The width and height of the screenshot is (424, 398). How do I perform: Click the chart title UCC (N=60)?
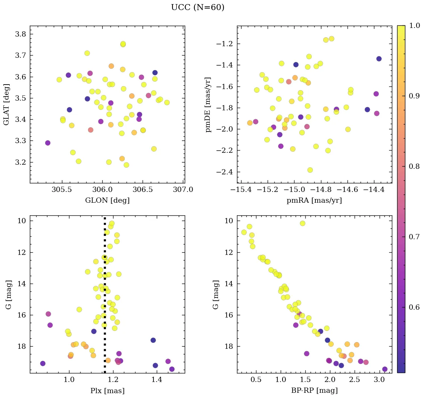click(x=197, y=7)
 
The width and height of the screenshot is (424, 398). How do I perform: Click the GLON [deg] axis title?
click(x=107, y=200)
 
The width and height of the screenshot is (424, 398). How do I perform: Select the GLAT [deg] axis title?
click(x=6, y=104)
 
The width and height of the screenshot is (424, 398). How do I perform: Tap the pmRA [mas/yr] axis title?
click(x=314, y=200)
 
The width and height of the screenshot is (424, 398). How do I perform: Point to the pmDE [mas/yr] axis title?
click(x=208, y=105)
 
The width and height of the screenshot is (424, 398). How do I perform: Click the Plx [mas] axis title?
click(x=107, y=391)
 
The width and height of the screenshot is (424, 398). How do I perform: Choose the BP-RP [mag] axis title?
click(x=314, y=391)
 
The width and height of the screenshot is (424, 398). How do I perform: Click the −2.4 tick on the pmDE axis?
click(x=225, y=172)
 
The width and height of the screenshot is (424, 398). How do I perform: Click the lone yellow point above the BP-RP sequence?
click(x=302, y=223)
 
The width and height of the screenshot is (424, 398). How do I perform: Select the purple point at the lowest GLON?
click(x=48, y=143)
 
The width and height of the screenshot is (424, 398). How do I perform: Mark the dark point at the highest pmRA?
click(x=379, y=59)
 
